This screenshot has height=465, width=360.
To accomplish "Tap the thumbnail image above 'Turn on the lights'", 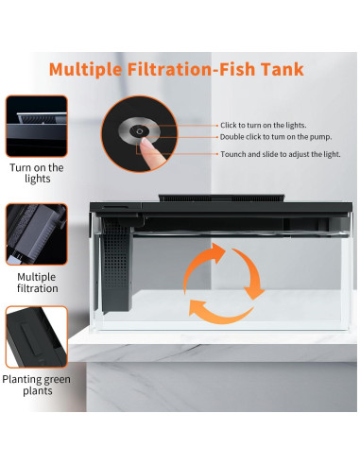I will [x=37, y=127].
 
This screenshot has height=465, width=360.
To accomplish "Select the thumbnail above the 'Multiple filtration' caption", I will [x=37, y=232].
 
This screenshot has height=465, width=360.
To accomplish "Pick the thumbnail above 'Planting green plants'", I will [x=37, y=336].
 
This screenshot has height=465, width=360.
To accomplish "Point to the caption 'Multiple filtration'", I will [x=37, y=281].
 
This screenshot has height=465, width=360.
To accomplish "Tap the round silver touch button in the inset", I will [x=140, y=131].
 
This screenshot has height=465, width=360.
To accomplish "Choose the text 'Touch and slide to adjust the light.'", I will [x=281, y=153].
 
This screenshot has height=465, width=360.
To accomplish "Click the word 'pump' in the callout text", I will [x=314, y=137].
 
